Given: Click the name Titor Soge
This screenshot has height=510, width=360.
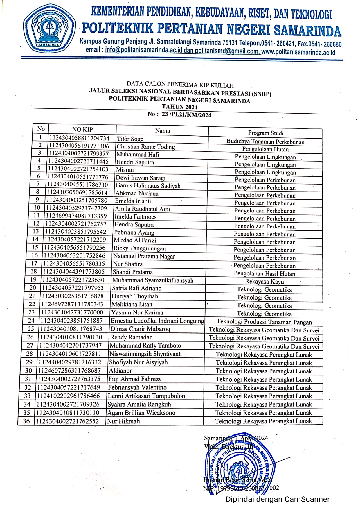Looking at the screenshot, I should tap(130, 139).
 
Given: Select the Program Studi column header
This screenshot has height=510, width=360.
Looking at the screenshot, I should tap(265, 133).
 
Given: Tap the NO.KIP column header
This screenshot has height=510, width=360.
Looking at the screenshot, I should tap(82, 130).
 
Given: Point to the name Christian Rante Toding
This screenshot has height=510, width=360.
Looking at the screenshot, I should tap(146, 147).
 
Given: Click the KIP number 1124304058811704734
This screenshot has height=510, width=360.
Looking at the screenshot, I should tap(79, 138).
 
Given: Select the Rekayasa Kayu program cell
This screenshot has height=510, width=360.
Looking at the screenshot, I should tap(264, 281).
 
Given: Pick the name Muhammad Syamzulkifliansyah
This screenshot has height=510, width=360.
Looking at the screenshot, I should tap(153, 280).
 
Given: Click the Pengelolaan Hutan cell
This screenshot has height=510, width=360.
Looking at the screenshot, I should tap(265, 149).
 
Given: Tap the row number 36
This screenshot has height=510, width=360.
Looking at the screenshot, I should tap(26, 421).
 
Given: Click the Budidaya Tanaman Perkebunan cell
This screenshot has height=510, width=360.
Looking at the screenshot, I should tap(265, 142).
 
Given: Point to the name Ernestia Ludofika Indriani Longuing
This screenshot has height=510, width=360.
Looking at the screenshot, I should tap(157, 321).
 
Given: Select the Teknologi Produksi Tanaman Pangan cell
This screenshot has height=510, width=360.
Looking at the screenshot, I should tap(264, 322).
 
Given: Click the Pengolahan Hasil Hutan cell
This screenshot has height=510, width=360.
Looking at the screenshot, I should tap(264, 273).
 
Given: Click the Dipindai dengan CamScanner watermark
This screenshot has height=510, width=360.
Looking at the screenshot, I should tap(278, 499).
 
